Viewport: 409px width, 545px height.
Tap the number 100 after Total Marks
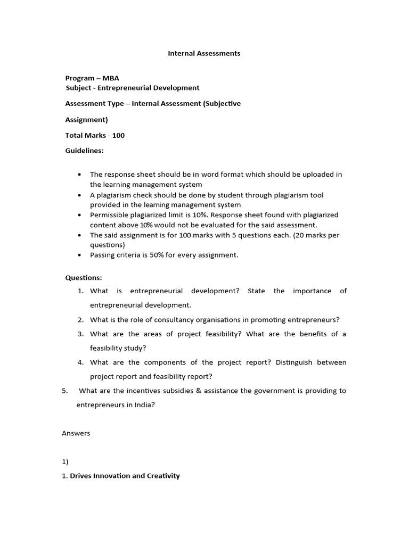(x=118, y=135)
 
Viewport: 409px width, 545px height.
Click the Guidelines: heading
(x=85, y=151)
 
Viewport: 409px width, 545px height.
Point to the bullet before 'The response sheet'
(x=79, y=175)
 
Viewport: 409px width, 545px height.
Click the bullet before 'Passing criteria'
(x=79, y=255)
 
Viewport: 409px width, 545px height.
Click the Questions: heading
(x=84, y=277)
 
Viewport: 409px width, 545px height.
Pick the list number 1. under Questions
(x=80, y=291)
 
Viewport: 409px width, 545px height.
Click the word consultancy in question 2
(x=166, y=319)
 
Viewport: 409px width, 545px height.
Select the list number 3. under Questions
(x=80, y=334)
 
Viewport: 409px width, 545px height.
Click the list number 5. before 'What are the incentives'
(x=65, y=391)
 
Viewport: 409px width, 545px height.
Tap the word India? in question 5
(x=143, y=404)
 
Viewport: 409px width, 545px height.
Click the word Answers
(x=76, y=433)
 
